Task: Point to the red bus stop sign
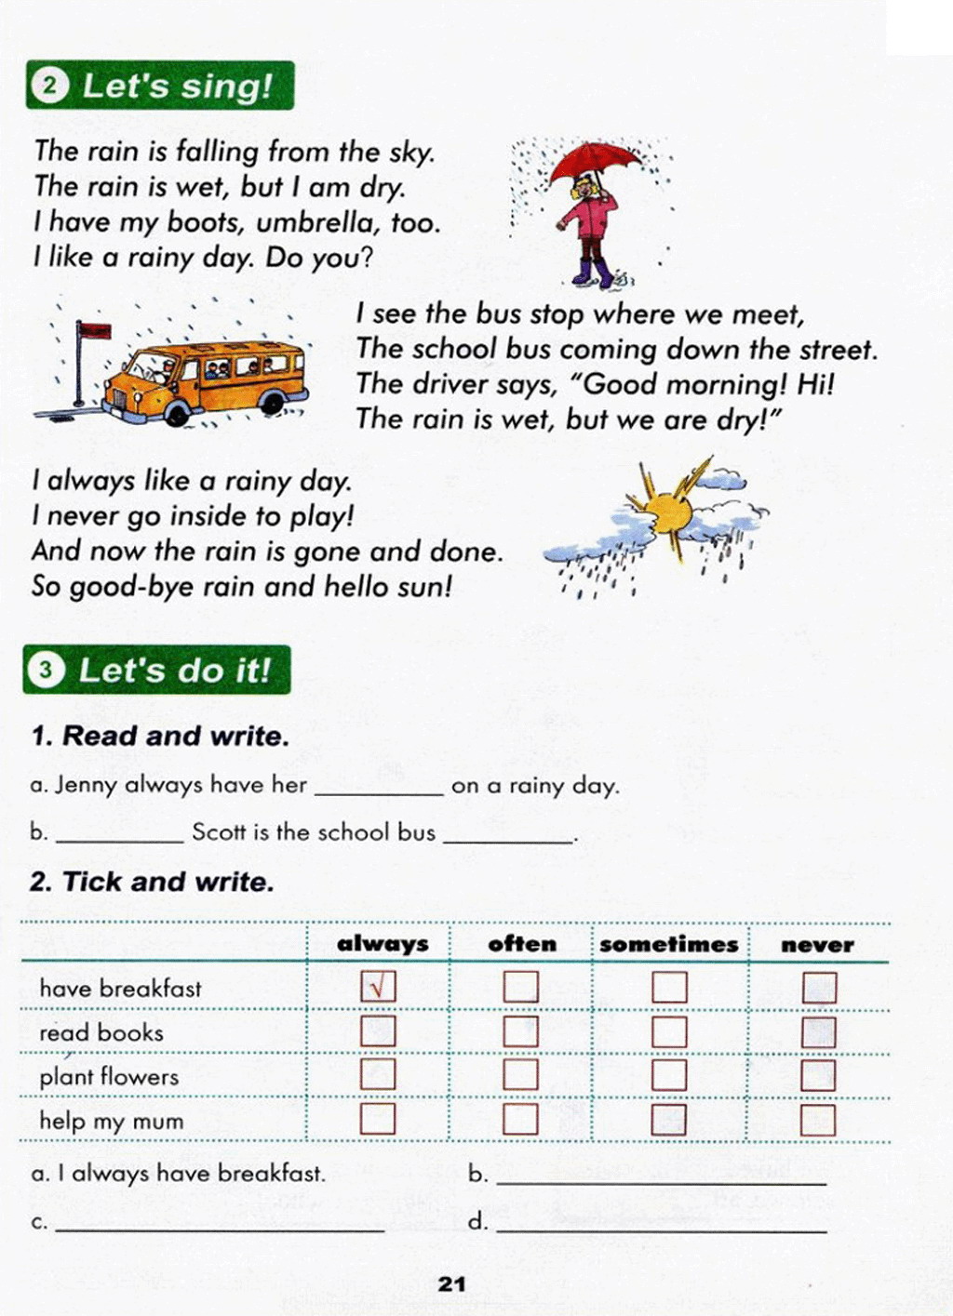(x=93, y=330)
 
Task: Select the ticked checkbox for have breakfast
(x=378, y=987)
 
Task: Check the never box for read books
(x=818, y=1031)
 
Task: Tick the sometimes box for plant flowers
(x=669, y=1075)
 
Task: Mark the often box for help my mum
(x=521, y=1119)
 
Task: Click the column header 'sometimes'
(x=668, y=945)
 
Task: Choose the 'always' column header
(x=383, y=945)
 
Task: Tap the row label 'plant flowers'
(x=109, y=1077)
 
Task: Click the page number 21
(x=451, y=1284)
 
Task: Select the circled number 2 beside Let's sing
(x=49, y=86)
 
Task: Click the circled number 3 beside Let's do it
(x=45, y=670)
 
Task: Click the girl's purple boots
(x=594, y=273)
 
